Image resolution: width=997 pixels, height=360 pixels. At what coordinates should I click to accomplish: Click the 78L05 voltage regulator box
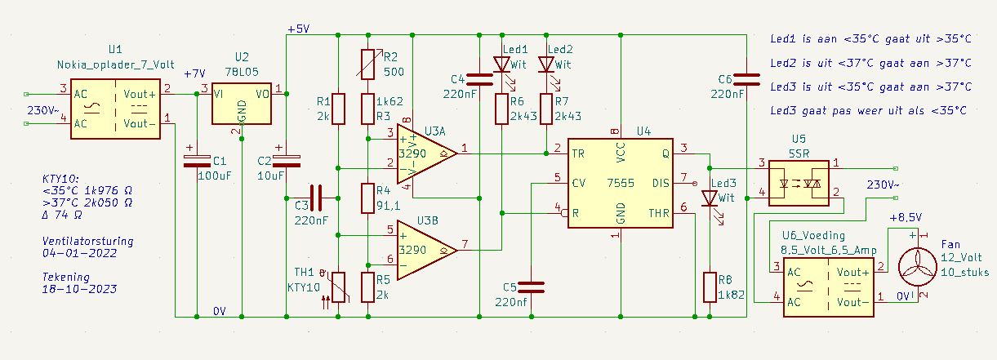241,103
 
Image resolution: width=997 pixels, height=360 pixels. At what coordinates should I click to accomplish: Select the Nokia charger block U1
115,109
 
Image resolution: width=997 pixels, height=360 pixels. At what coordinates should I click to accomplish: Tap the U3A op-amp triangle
426,153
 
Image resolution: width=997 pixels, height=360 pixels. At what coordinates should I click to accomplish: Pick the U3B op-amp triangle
426,250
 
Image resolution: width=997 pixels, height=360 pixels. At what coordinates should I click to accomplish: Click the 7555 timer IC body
620,183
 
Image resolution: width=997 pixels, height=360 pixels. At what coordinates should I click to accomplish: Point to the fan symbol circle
917,267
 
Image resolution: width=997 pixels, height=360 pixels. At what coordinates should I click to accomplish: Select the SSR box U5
799,183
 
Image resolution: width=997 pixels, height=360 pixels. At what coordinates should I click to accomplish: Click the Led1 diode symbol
502,64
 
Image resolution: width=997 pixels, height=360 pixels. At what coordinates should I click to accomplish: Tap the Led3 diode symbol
710,198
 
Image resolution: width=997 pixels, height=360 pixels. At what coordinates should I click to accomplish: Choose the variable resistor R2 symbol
367,64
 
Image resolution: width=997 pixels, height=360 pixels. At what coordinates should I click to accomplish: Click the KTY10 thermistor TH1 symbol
338,287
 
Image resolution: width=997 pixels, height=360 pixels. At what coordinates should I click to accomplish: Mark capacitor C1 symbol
197,161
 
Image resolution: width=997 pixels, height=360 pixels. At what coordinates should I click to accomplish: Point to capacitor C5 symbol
532,287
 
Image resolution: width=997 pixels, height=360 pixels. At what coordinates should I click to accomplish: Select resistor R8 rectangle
710,287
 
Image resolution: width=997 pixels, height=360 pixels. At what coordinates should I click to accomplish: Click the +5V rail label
299,29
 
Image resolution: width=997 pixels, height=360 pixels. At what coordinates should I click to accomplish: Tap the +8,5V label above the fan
906,218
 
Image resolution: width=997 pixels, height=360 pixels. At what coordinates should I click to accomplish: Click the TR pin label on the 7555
578,154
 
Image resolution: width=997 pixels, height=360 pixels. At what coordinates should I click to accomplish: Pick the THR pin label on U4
659,213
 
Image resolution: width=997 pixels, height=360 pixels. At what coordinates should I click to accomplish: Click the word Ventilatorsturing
87,241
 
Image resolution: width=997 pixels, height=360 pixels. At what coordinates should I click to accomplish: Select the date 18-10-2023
80,289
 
